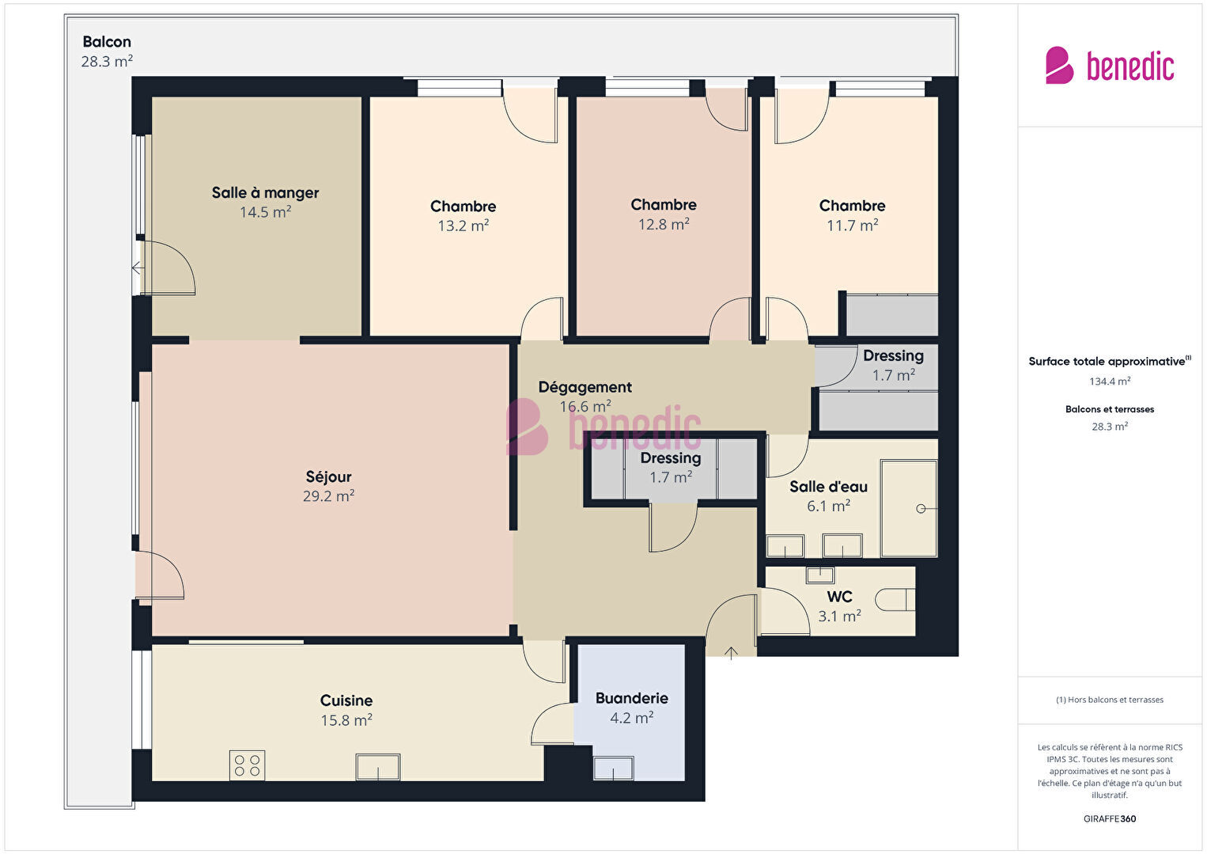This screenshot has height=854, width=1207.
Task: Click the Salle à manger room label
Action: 265,192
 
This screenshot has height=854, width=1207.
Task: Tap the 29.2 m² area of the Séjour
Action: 328,495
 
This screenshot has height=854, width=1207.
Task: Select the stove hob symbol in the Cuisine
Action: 247,765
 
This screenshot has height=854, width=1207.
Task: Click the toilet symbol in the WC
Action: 895,599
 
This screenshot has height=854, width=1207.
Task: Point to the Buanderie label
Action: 631,698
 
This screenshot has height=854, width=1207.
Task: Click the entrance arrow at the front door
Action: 731,653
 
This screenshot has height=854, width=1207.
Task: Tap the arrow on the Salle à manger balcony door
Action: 138,268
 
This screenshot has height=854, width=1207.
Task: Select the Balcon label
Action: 107,41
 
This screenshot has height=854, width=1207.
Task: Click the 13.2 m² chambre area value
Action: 463,226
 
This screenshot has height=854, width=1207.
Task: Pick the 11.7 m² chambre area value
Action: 852,225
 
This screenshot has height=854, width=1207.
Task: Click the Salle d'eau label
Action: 828,486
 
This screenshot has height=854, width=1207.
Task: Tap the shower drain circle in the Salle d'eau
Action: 921,508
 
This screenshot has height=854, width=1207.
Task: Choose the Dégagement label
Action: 585,387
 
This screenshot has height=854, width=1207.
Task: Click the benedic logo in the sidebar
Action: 1110,65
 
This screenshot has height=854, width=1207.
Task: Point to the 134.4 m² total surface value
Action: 1110,381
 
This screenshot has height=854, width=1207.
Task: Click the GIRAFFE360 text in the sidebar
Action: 1110,818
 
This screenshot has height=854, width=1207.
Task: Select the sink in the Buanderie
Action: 613,768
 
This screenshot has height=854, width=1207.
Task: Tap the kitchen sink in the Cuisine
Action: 378,767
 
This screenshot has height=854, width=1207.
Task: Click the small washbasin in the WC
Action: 820,575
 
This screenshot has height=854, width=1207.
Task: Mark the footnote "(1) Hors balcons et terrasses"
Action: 1110,699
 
